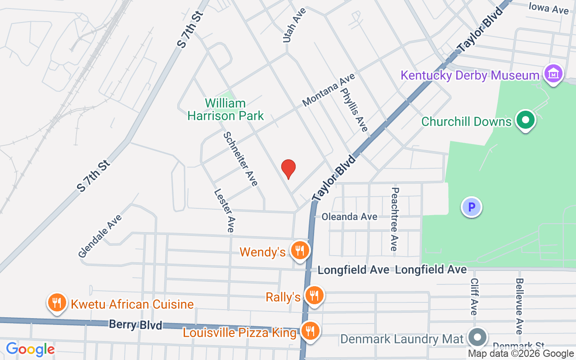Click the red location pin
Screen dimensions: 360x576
point(288,169)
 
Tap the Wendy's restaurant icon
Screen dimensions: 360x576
point(299,250)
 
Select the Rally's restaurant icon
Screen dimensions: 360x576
point(314,296)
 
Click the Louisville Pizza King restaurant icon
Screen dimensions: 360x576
point(310,332)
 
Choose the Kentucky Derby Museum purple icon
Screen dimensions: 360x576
point(553,73)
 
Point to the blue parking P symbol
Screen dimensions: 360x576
point(472,207)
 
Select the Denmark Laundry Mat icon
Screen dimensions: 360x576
point(477,337)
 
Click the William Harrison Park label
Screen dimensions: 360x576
point(225,109)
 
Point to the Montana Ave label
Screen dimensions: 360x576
point(328,90)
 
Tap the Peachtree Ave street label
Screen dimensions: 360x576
point(394,219)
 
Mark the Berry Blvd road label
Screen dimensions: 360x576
point(135,324)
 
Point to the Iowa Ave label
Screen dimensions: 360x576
point(549,8)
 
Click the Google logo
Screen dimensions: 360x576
point(30,349)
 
